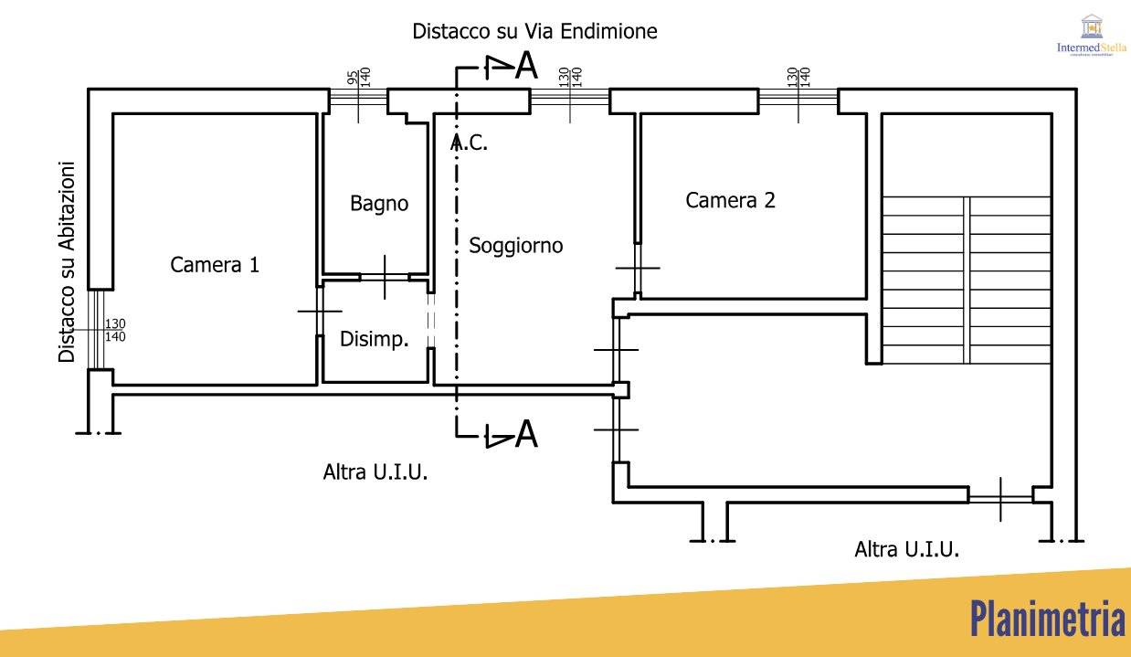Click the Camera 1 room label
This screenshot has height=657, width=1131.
pos(215,265)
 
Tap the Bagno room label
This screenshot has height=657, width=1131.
pos(379,203)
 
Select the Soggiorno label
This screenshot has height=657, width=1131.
pos(516,246)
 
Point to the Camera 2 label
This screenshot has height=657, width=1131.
pos(730,200)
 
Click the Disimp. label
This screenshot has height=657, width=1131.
pos(374,339)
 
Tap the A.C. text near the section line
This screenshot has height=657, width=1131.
pos(470,143)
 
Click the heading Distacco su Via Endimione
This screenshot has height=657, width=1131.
pos(534,31)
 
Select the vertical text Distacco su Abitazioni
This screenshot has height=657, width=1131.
pos(67,262)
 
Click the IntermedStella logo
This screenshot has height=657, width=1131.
pos(1091,37)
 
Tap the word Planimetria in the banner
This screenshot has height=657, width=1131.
pos(1047,620)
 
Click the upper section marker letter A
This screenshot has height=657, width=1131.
pos(525,66)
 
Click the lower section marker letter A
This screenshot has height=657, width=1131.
pos(525,435)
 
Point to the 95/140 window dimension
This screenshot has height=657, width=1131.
pos(358,77)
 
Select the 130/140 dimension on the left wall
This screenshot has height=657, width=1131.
pos(115,330)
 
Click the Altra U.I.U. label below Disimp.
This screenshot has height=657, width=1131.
pos(375,472)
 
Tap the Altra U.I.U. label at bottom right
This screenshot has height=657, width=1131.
pos(906,549)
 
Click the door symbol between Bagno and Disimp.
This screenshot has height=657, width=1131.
pos(385,276)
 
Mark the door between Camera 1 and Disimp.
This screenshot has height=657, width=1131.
pos(320,312)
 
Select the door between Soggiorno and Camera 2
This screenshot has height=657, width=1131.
pos(638,268)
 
